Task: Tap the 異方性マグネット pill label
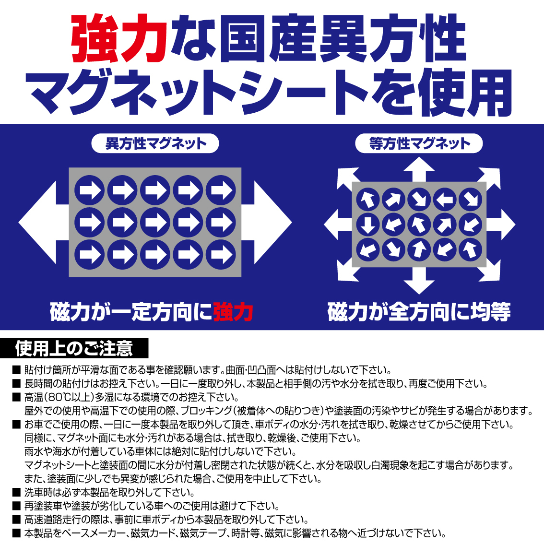point(155,143)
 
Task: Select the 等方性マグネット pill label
point(419,143)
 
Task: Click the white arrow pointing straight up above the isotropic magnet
point(419,169)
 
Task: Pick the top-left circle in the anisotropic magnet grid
point(90,190)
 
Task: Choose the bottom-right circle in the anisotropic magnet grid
point(221,255)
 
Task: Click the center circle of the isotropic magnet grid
point(419,225)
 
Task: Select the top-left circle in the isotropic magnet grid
point(368,199)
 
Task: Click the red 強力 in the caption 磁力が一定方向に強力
point(233,312)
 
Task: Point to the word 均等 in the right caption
point(490,312)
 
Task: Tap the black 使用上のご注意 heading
point(74,348)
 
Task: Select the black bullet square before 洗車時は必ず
point(16,492)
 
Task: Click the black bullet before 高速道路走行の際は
point(16,520)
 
